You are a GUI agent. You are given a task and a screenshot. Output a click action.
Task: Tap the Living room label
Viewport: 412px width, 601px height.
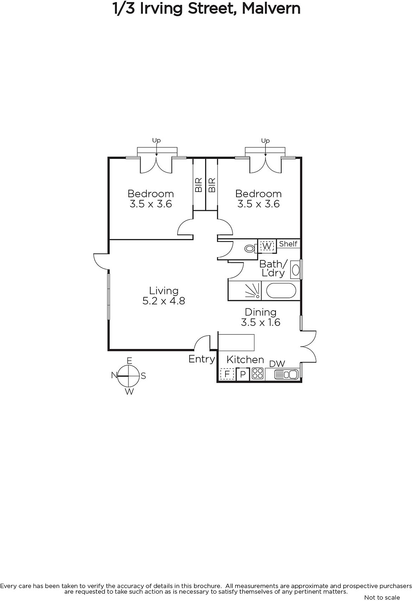[164, 291]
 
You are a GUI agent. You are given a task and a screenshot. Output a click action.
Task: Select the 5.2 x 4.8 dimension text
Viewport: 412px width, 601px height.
[164, 301]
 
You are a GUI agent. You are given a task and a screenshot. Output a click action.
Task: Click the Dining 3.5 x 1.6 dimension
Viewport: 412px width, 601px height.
[261, 322]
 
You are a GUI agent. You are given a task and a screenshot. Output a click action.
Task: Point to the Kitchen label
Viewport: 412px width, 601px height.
[245, 359]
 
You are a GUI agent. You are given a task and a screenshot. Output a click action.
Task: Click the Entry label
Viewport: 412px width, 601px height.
[202, 359]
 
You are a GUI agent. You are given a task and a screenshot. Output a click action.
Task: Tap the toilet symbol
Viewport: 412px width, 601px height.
[250, 248]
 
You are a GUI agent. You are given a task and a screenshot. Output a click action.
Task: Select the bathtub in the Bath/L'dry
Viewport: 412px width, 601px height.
[281, 290]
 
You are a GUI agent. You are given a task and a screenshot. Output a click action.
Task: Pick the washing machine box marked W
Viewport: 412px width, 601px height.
[267, 246]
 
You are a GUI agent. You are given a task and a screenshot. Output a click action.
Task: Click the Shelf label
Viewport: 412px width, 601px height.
[288, 244]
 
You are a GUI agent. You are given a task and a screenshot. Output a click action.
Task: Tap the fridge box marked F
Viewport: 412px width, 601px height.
[227, 374]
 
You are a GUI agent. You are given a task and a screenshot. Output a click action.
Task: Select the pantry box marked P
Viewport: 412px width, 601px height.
[243, 374]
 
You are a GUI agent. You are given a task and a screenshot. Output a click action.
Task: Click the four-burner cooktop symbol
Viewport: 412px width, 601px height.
[257, 374]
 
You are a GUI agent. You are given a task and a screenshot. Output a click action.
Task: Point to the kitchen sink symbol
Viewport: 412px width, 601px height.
[286, 374]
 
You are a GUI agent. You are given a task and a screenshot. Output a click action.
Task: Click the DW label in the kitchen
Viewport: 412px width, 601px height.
[277, 364]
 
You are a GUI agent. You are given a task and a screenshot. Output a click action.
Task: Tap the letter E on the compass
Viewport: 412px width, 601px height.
[129, 361]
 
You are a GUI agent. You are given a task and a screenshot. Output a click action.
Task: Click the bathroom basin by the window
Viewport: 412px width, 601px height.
[295, 270]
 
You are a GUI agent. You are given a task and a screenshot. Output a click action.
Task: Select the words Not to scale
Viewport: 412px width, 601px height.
[382, 597]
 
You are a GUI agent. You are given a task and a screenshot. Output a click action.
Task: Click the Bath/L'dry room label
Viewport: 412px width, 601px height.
[273, 268]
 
